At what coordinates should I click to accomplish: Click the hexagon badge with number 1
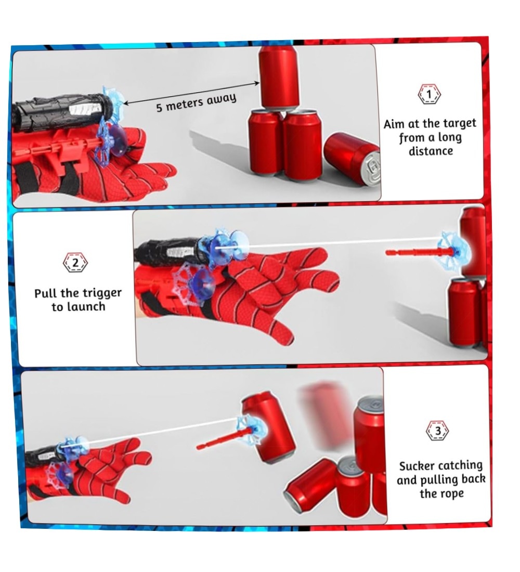pos(429,94)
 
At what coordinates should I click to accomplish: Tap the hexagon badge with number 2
pos(75,262)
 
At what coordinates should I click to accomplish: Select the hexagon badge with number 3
pos(438,431)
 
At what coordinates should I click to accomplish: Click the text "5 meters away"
pos(197,102)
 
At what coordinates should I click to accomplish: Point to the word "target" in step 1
pos(460,123)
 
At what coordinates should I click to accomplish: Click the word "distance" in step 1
pos(431,151)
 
